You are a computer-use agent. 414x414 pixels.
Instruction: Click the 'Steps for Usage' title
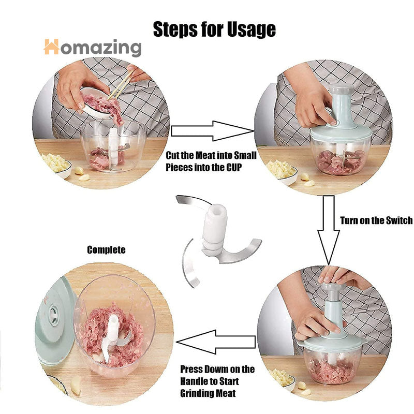pyautogui.click(x=214, y=29)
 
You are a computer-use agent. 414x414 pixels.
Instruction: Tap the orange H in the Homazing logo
pyautogui.click(x=51, y=47)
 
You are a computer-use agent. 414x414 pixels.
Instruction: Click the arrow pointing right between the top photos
pyautogui.click(x=213, y=131)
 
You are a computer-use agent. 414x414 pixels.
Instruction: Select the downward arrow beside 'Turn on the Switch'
pyautogui.click(x=329, y=230)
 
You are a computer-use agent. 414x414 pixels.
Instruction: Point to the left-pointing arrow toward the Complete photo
pyautogui.click(x=216, y=342)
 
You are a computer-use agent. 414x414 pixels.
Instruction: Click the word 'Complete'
pyautogui.click(x=106, y=250)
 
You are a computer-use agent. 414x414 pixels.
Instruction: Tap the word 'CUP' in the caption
pyautogui.click(x=234, y=167)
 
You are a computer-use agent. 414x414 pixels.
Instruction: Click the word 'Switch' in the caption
pyautogui.click(x=399, y=220)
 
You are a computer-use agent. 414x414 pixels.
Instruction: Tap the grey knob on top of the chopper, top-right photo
pyautogui.click(x=342, y=89)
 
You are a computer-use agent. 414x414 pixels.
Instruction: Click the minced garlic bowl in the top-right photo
pyautogui.click(x=282, y=171)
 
